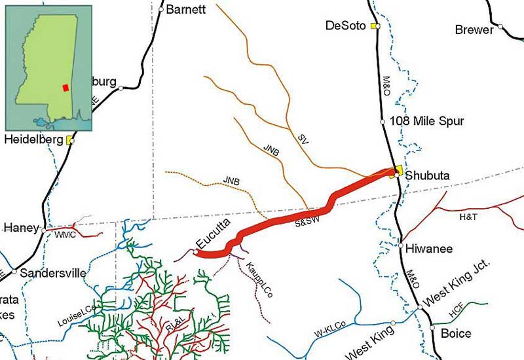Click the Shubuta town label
tap(426, 175)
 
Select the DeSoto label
tap(347, 26)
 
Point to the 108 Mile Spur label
tap(426, 121)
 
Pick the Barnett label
tap(186, 9)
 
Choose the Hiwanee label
tap(429, 249)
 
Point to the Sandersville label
tap(53, 273)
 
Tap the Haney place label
tap(22, 228)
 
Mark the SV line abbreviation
tap(303, 139)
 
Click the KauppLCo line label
tap(260, 281)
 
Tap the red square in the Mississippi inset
tap(65, 88)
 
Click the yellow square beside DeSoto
tap(374, 26)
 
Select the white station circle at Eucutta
tap(196, 251)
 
